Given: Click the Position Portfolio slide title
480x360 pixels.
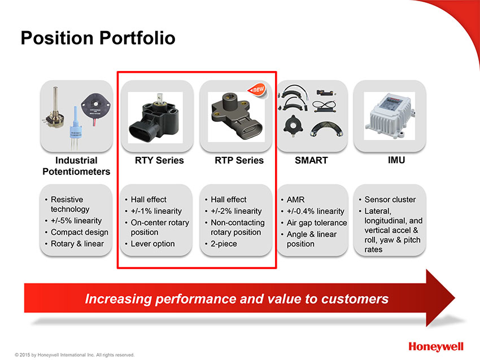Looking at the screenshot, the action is [98, 38].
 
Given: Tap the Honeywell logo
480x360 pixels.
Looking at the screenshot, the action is [436, 347].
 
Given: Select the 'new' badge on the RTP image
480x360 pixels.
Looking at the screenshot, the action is [258, 90].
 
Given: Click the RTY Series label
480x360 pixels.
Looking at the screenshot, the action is [159, 160].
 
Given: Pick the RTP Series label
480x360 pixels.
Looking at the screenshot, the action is [239, 160].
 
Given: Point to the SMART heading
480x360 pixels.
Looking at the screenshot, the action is [311, 160].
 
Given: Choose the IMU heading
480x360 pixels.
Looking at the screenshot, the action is [396, 160].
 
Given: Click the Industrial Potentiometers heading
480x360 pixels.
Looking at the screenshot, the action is [76, 166].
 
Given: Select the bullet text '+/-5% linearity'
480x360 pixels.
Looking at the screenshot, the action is [76, 221].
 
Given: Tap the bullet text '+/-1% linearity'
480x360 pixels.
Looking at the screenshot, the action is [156, 211].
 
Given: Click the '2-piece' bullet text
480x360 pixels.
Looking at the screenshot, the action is [224, 244].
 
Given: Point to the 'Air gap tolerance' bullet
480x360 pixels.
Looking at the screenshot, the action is [317, 223].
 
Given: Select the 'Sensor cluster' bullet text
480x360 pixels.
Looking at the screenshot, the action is [390, 199].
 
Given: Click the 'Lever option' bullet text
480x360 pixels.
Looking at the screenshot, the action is [153, 244].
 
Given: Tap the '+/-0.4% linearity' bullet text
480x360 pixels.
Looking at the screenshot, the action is [315, 211].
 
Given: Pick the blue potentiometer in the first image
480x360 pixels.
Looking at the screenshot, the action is [75, 128].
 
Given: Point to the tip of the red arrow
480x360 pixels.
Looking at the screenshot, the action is [455, 298].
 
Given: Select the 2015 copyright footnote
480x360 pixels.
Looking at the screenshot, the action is [75, 355].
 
